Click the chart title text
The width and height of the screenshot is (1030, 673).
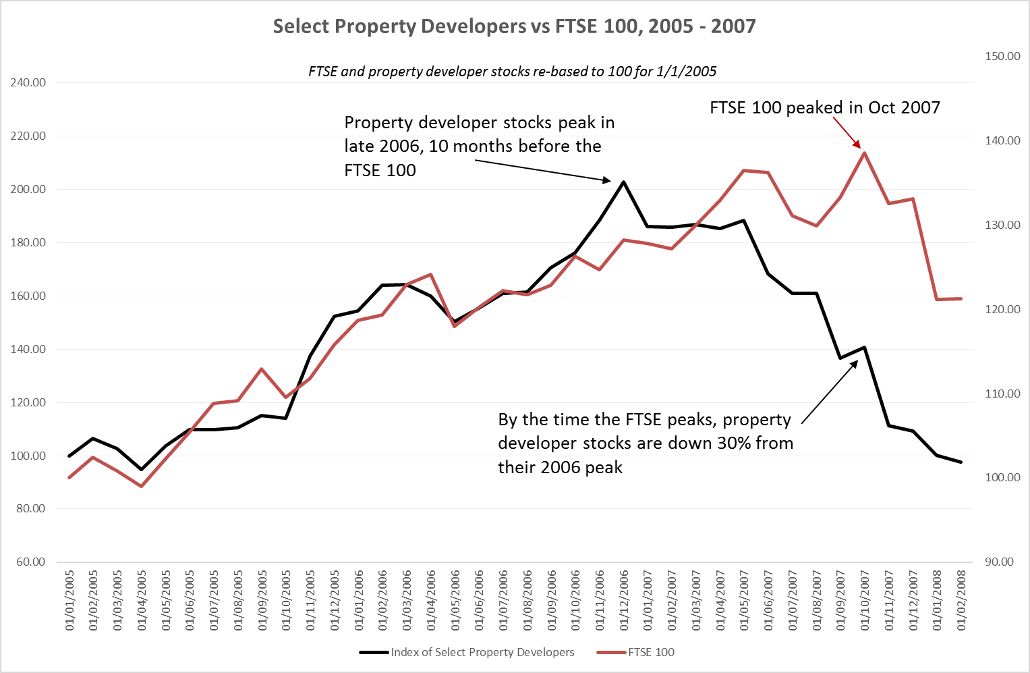[x=514, y=26]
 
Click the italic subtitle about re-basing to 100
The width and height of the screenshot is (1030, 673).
[x=512, y=71]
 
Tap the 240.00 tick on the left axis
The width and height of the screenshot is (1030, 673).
[x=28, y=82]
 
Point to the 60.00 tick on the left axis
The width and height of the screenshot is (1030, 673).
[x=30, y=562]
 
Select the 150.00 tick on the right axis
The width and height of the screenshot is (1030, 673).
[x=1002, y=56]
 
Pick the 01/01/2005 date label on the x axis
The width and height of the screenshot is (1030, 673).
[x=69, y=600]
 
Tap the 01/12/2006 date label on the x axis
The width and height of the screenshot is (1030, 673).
[x=624, y=600]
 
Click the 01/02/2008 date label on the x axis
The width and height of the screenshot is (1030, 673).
[x=961, y=600]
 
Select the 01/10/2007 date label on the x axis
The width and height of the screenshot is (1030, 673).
[x=865, y=600]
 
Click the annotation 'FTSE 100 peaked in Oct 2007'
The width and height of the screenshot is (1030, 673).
[x=824, y=107]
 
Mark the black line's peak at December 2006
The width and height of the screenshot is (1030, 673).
[x=624, y=182]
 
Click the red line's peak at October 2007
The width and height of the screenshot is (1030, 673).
[x=865, y=153]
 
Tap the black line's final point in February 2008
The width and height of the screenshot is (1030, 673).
[x=961, y=462]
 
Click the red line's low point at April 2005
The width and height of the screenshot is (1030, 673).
[x=142, y=486]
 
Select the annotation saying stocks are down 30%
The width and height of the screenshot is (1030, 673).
[x=646, y=443]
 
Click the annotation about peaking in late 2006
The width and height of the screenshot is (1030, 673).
[x=479, y=146]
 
